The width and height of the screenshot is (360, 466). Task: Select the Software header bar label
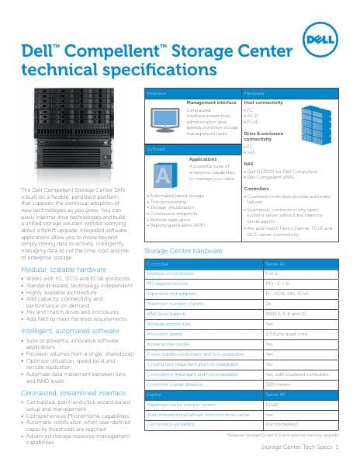[156, 148]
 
